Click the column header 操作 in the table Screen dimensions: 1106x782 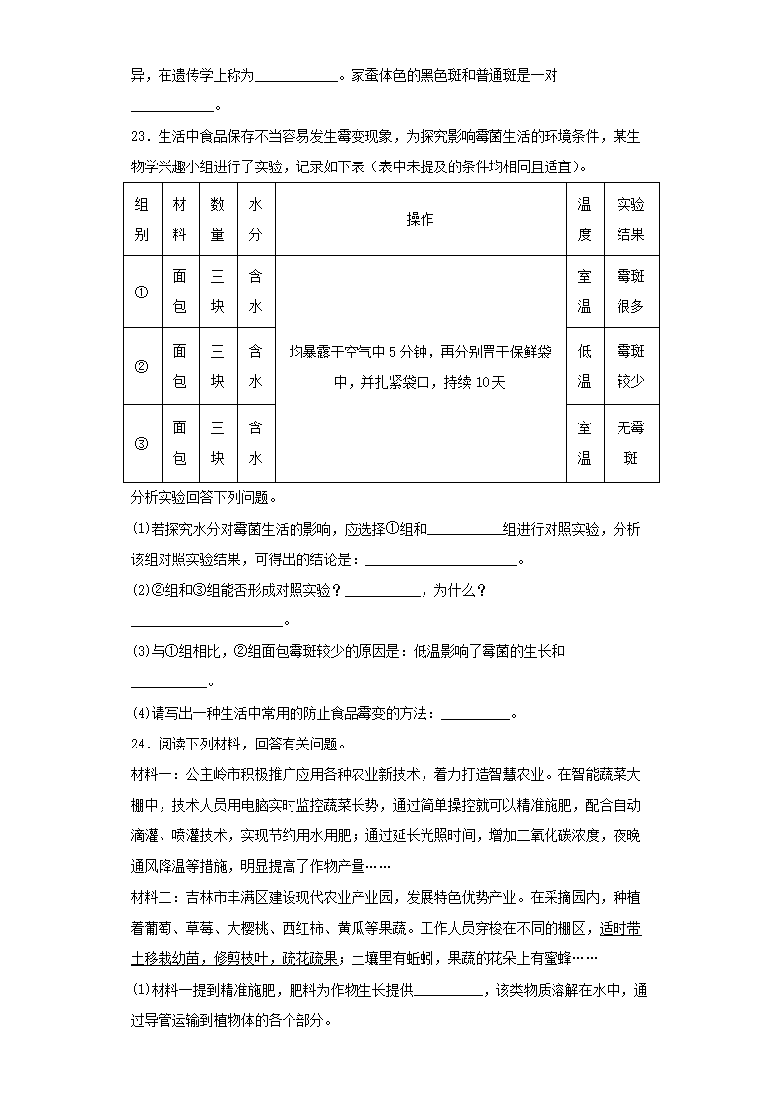pos(420,219)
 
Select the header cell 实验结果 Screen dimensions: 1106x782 pos(630,219)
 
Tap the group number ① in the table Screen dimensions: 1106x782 pos(141,292)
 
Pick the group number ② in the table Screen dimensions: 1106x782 pos(141,366)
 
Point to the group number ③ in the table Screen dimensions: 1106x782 pos(141,443)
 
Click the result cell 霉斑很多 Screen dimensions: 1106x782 pos(630,292)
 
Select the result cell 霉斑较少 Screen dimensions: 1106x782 pos(630,366)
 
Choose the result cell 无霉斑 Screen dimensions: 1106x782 pos(630,443)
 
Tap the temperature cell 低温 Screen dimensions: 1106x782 pos(584,366)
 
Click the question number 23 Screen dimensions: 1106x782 pos(138,137)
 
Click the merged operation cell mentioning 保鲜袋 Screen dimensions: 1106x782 pos(420,366)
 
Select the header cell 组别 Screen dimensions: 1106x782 pos(141,219)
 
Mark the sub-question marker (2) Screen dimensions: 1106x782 pos(139,591)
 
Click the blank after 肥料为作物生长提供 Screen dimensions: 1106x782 pos(448,990)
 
